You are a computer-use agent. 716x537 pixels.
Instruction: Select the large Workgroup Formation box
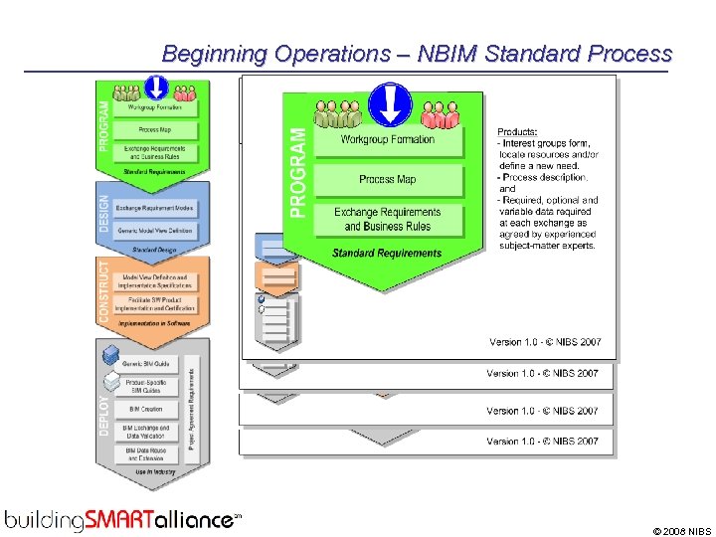[388, 140]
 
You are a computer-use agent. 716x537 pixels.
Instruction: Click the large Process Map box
[388, 180]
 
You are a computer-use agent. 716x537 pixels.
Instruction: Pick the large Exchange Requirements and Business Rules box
[388, 219]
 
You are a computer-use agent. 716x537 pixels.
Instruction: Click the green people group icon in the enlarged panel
[338, 114]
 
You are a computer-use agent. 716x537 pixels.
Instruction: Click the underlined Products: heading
[518, 131]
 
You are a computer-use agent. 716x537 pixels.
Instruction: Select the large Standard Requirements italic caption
[387, 254]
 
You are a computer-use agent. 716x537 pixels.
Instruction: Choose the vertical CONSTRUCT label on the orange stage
[105, 290]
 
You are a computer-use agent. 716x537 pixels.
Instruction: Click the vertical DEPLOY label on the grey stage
[105, 413]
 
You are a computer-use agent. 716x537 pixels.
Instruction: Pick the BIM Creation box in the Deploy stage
[146, 409]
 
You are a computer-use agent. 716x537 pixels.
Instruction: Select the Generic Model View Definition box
[154, 231]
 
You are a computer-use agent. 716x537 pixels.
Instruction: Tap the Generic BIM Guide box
[146, 365]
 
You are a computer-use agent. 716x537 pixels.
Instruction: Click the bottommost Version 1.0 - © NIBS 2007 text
[542, 442]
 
